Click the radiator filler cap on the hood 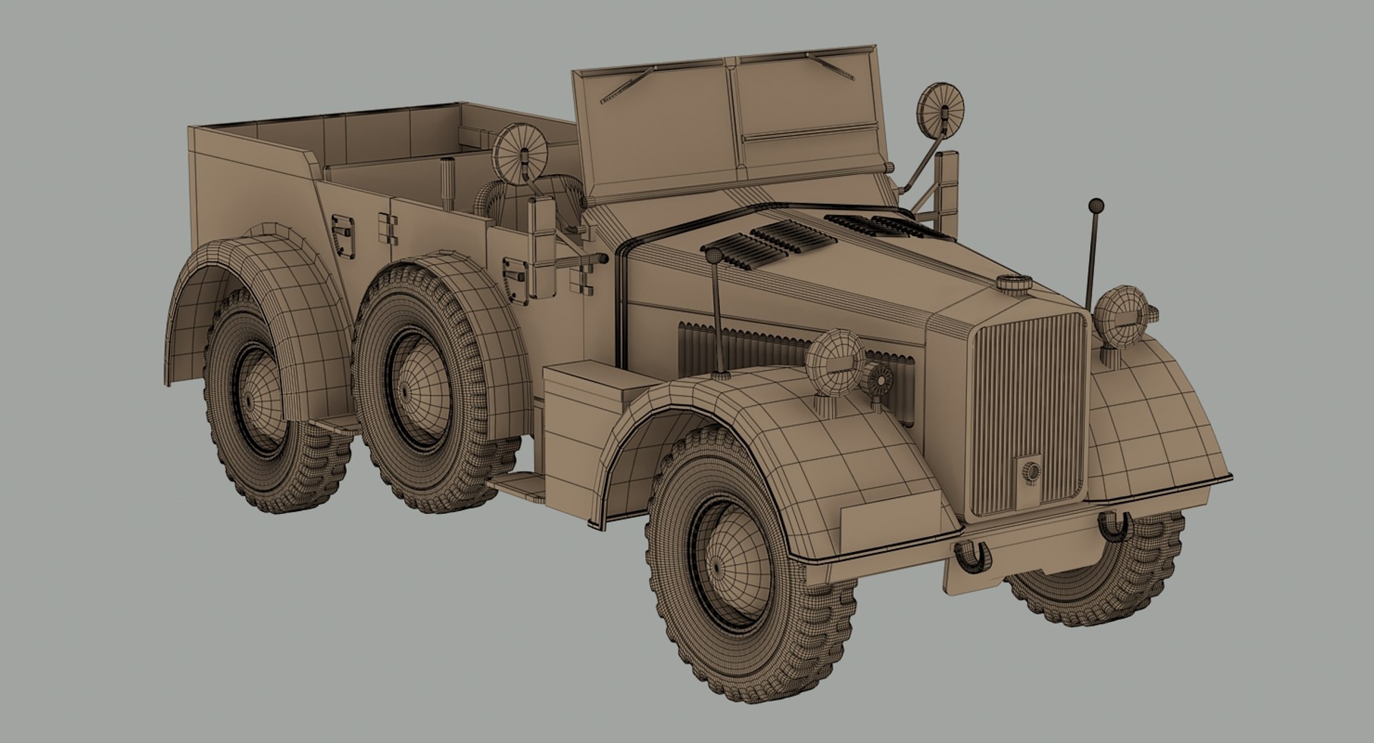tap(1015, 283)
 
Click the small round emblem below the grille tap(1030, 471)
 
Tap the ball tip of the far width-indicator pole tap(1096, 205)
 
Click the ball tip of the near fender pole tap(713, 256)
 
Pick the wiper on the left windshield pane tap(628, 85)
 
